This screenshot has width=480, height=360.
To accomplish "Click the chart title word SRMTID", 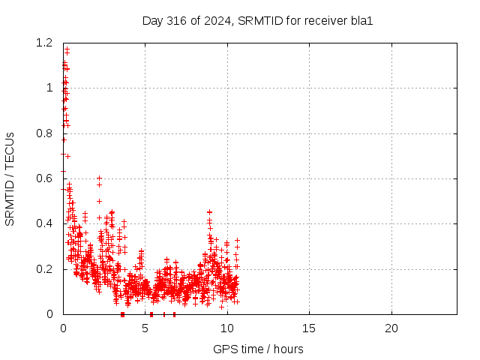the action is [x=260, y=21].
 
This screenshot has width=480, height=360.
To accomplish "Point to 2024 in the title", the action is [x=217, y=21].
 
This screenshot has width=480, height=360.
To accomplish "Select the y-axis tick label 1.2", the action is [x=44, y=43].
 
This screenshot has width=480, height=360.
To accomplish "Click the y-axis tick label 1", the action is [x=49, y=88].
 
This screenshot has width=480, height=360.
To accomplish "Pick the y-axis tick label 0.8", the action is [x=44, y=133].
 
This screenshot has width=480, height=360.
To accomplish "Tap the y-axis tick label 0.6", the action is [x=44, y=178].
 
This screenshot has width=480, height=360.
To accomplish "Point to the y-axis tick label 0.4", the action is [x=44, y=223].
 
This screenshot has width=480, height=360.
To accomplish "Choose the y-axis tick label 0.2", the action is [x=44, y=269].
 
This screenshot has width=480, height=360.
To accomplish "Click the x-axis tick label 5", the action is [x=145, y=328].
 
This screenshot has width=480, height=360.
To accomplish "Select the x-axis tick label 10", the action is [x=227, y=328].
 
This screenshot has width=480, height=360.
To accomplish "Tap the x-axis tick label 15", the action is [x=309, y=328].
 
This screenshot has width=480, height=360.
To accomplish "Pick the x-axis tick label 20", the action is [x=391, y=328].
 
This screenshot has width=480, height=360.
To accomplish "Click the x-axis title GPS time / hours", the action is [x=258, y=349].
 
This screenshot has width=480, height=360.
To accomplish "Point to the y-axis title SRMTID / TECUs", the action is [x=10, y=179].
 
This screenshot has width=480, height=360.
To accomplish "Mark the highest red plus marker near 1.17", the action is [x=67, y=48].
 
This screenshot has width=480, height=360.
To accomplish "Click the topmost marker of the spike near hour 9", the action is [x=210, y=211].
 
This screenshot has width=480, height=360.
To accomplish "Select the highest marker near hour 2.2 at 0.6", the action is [x=99, y=178].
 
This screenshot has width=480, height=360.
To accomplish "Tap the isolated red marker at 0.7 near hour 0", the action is [x=68, y=157].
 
